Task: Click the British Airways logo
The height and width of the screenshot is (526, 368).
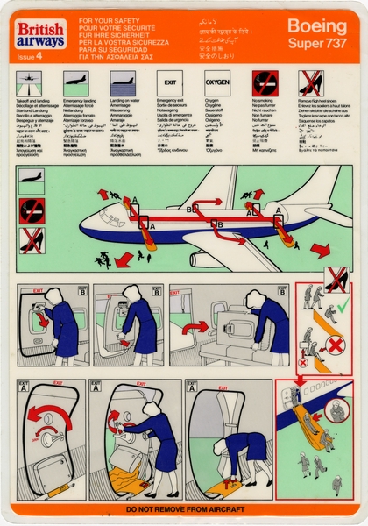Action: pyautogui.click(x=40, y=35)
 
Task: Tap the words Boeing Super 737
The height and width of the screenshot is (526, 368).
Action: pyautogui.click(x=316, y=33)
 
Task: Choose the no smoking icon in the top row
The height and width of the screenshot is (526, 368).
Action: pyautogui.click(x=265, y=83)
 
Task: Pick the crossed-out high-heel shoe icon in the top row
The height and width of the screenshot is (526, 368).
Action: pyautogui.click(x=311, y=83)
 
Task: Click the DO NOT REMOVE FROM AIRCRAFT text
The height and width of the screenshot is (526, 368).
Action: pyautogui.click(x=183, y=508)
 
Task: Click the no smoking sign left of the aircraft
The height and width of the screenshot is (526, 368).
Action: pyautogui.click(x=32, y=209)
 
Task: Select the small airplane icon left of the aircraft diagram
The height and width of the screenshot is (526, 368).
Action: pyautogui.click(x=32, y=180)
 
